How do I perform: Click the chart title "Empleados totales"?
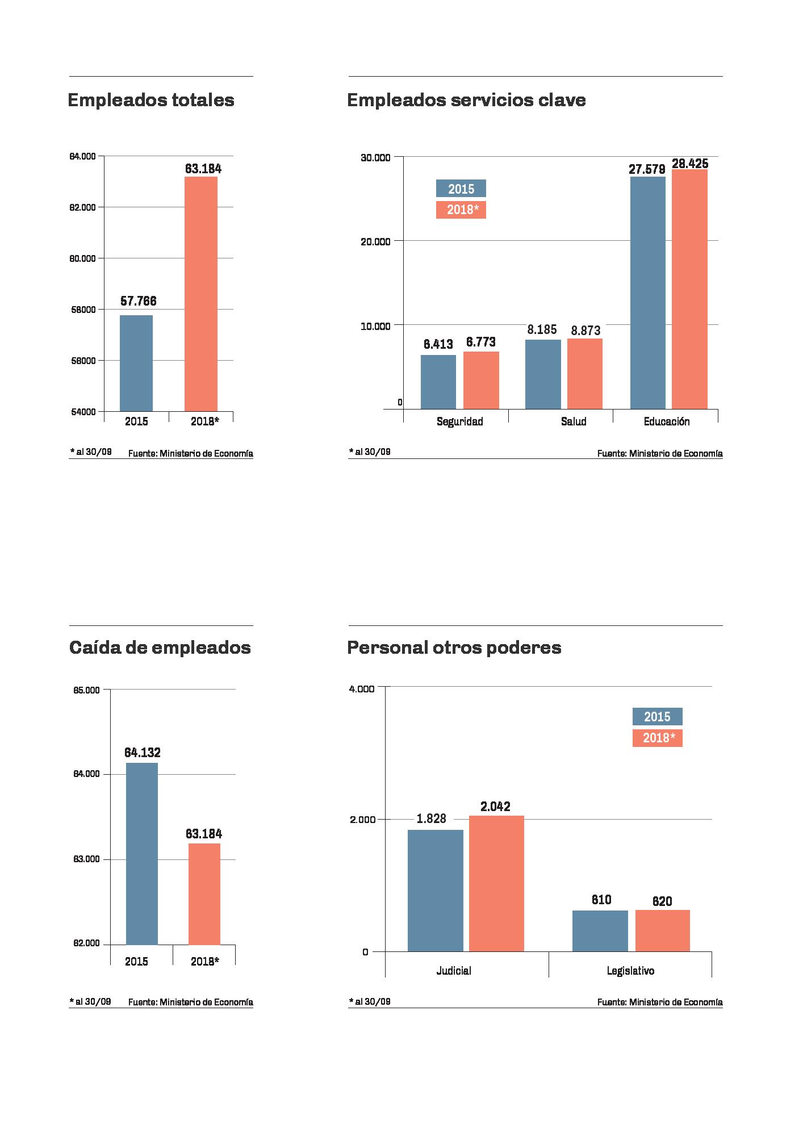click(151, 101)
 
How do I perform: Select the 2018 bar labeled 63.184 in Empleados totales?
click(201, 294)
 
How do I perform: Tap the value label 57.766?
click(138, 301)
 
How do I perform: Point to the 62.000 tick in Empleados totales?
click(83, 207)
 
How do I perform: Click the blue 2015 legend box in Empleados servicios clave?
click(461, 189)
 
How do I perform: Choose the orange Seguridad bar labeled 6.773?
click(481, 380)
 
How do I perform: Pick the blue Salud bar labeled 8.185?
click(543, 374)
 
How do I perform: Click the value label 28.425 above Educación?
click(690, 164)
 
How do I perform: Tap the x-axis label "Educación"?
click(667, 421)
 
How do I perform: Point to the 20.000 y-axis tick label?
click(375, 241)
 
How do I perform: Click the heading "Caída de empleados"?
click(160, 648)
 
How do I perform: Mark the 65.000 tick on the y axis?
click(86, 690)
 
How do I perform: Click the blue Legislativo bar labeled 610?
click(600, 930)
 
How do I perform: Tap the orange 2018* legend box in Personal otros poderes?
click(657, 738)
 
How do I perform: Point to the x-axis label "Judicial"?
click(454, 971)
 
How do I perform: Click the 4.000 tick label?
click(362, 689)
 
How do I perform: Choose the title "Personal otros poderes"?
click(454, 648)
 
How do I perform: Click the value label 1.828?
click(432, 818)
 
